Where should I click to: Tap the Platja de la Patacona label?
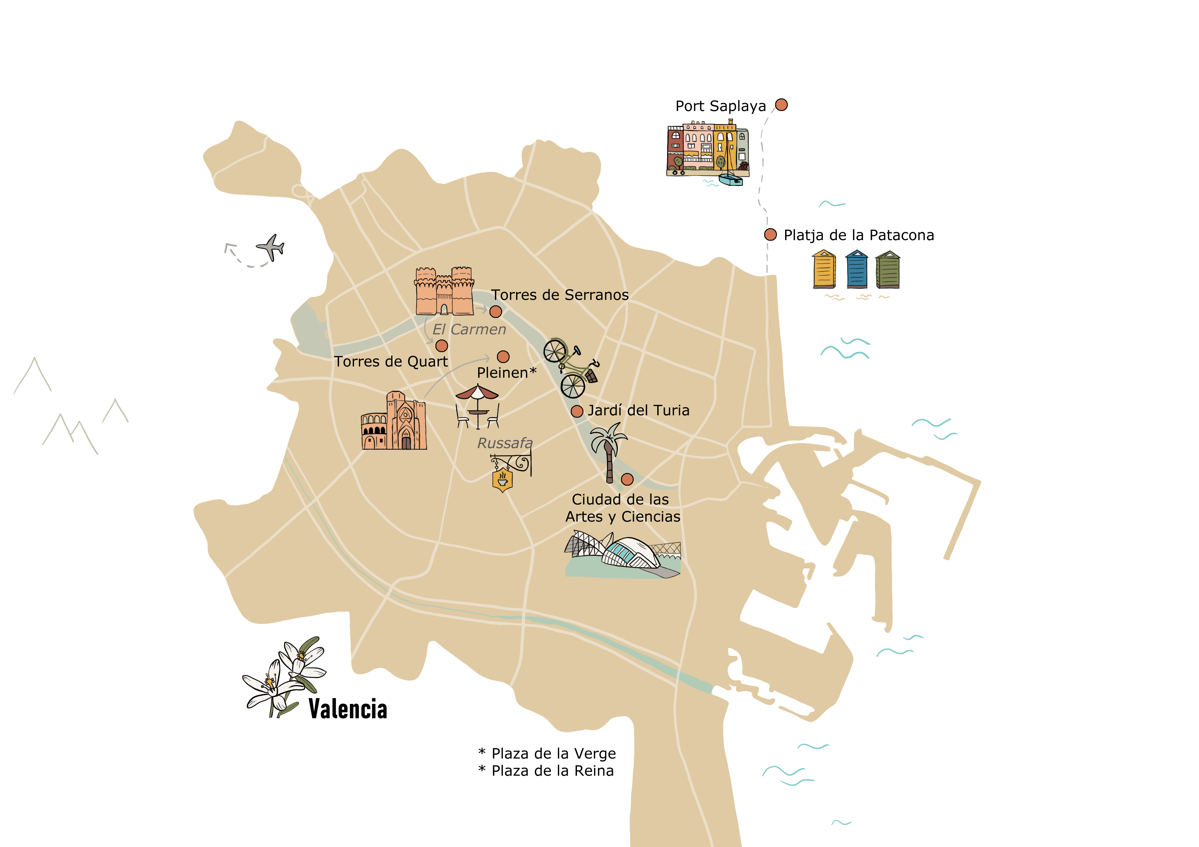(859, 235)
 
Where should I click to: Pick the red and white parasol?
(477, 392)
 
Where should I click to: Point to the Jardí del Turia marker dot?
(577, 411)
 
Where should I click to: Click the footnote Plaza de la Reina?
(552, 771)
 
